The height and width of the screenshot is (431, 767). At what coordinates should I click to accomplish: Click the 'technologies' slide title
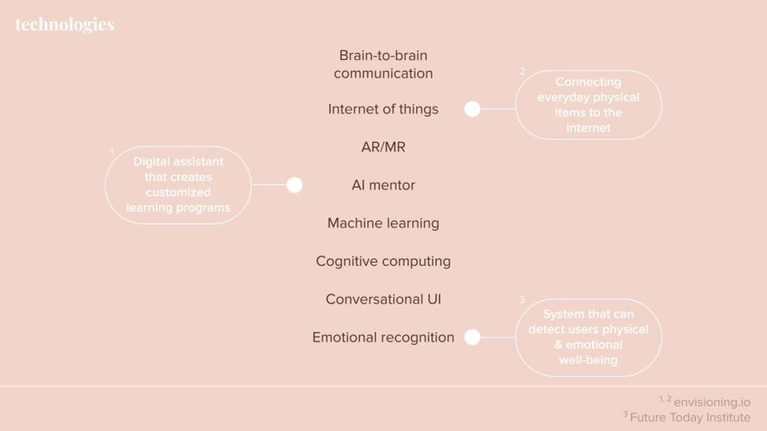tap(65, 25)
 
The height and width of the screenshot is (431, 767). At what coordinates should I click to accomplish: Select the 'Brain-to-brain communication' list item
tap(383, 64)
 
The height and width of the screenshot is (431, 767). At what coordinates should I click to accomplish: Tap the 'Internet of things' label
tap(383, 109)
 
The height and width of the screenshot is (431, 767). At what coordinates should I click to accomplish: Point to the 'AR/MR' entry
tap(383, 147)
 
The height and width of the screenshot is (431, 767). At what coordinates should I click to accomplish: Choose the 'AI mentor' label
tap(383, 185)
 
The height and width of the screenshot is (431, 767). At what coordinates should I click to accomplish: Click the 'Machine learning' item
tap(383, 223)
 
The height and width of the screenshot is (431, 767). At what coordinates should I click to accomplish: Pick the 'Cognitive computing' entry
tap(383, 261)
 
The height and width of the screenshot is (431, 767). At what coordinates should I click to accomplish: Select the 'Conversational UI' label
tap(383, 299)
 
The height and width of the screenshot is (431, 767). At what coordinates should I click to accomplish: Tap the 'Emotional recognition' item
tap(383, 337)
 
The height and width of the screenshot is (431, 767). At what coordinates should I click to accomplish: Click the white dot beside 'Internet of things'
tap(472, 109)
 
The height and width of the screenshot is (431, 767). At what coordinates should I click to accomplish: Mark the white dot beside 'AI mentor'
tap(294, 185)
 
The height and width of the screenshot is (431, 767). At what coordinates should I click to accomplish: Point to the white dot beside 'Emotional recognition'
tap(472, 337)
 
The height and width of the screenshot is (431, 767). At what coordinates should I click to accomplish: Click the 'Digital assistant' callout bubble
tap(178, 185)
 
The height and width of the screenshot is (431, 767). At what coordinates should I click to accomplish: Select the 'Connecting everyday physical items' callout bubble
tap(589, 105)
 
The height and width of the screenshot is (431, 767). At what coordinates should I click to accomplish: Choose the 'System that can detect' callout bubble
tap(589, 337)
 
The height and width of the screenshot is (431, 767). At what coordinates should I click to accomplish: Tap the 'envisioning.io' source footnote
tap(705, 401)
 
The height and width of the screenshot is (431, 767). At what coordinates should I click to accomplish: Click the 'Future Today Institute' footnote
tap(687, 417)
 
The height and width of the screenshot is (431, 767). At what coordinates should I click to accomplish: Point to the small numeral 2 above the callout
tap(522, 71)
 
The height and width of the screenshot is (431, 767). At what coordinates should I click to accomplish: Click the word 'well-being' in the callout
tap(589, 360)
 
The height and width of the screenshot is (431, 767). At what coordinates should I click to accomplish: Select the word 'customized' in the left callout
tap(178, 192)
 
